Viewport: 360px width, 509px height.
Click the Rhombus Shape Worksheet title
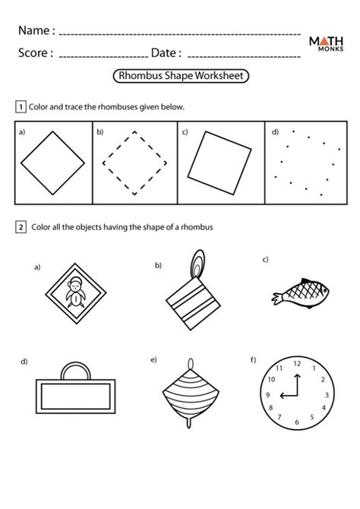pyautogui.click(x=181, y=77)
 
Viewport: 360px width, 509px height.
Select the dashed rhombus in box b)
pyautogui.click(x=134, y=163)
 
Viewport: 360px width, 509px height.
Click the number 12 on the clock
pyautogui.click(x=296, y=365)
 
